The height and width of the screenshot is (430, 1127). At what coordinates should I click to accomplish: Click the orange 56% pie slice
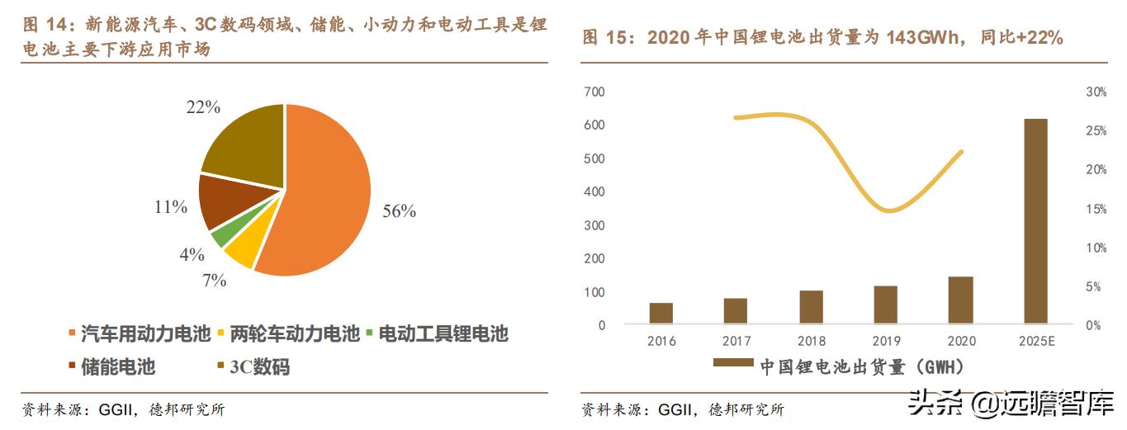pyautogui.click(x=322, y=190)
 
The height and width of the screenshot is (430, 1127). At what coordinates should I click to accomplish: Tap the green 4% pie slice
pyautogui.click(x=220, y=237)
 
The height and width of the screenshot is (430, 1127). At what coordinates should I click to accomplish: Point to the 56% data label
pyautogui.click(x=399, y=211)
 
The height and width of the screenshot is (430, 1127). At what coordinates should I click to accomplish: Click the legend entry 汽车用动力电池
pyautogui.click(x=138, y=334)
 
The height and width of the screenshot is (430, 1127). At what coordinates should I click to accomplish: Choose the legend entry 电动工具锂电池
pyautogui.click(x=443, y=334)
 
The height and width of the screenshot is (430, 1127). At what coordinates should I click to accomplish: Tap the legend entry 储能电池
pyautogui.click(x=118, y=366)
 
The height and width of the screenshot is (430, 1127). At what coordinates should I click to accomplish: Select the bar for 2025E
pyautogui.click(x=1035, y=221)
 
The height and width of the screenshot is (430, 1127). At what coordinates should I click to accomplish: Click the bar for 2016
pyautogui.click(x=661, y=314)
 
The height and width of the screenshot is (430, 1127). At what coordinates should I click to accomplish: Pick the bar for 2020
pyautogui.click(x=960, y=300)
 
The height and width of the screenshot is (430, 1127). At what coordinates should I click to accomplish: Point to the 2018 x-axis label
pyautogui.click(x=811, y=342)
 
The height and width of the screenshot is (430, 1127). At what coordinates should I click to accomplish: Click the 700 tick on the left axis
pyautogui.click(x=594, y=92)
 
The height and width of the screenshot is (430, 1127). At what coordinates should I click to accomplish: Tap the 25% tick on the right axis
pyautogui.click(x=1096, y=130)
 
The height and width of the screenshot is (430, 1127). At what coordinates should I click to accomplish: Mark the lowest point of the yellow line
pyautogui.click(x=887, y=210)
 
